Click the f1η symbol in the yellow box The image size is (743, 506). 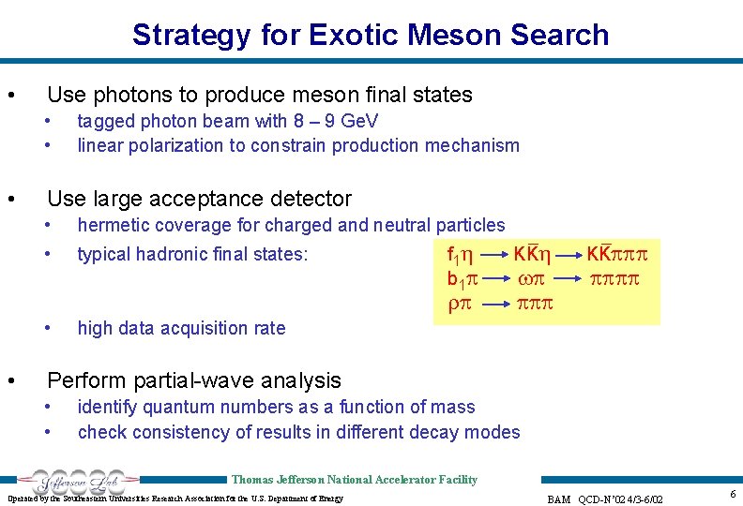[x=460, y=254]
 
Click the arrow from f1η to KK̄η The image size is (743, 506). [x=494, y=254]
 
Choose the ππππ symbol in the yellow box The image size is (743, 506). [x=618, y=280]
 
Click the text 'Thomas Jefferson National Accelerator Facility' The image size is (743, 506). [x=354, y=480]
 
